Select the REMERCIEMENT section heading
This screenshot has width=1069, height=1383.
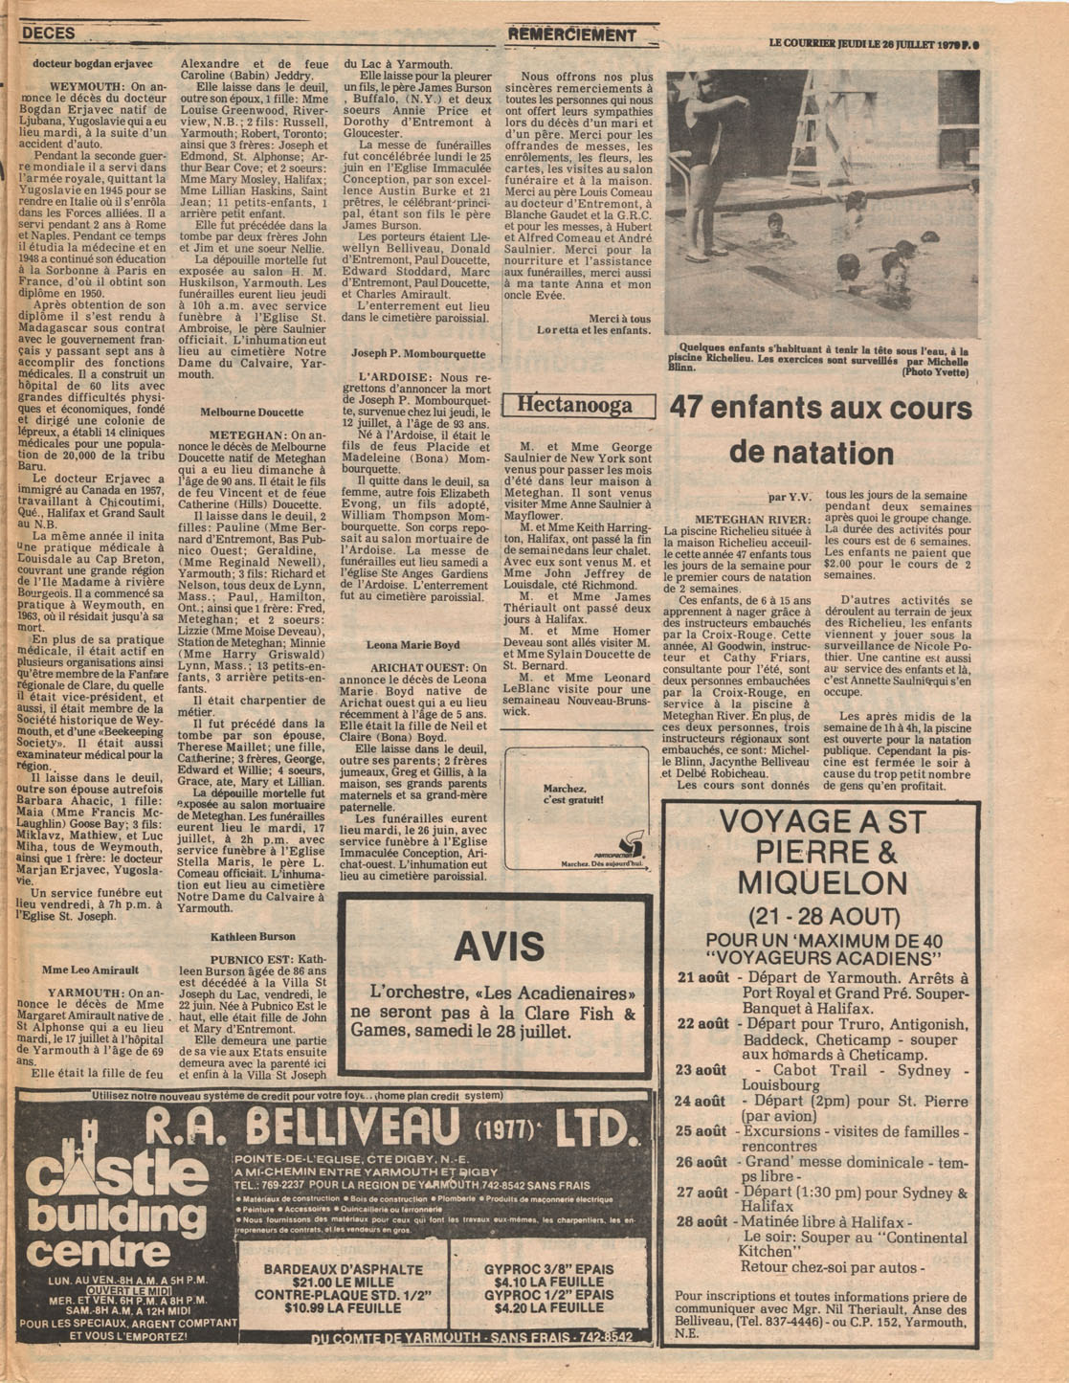(x=572, y=35)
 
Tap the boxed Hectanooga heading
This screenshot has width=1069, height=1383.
(x=574, y=406)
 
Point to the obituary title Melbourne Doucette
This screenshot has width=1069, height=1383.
(x=252, y=413)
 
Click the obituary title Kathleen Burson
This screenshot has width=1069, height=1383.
(x=253, y=936)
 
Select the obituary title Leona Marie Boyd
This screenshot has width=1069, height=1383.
(x=413, y=645)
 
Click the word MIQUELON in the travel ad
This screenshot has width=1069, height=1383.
(x=819, y=881)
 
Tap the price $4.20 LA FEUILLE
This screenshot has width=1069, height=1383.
(x=536, y=1307)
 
